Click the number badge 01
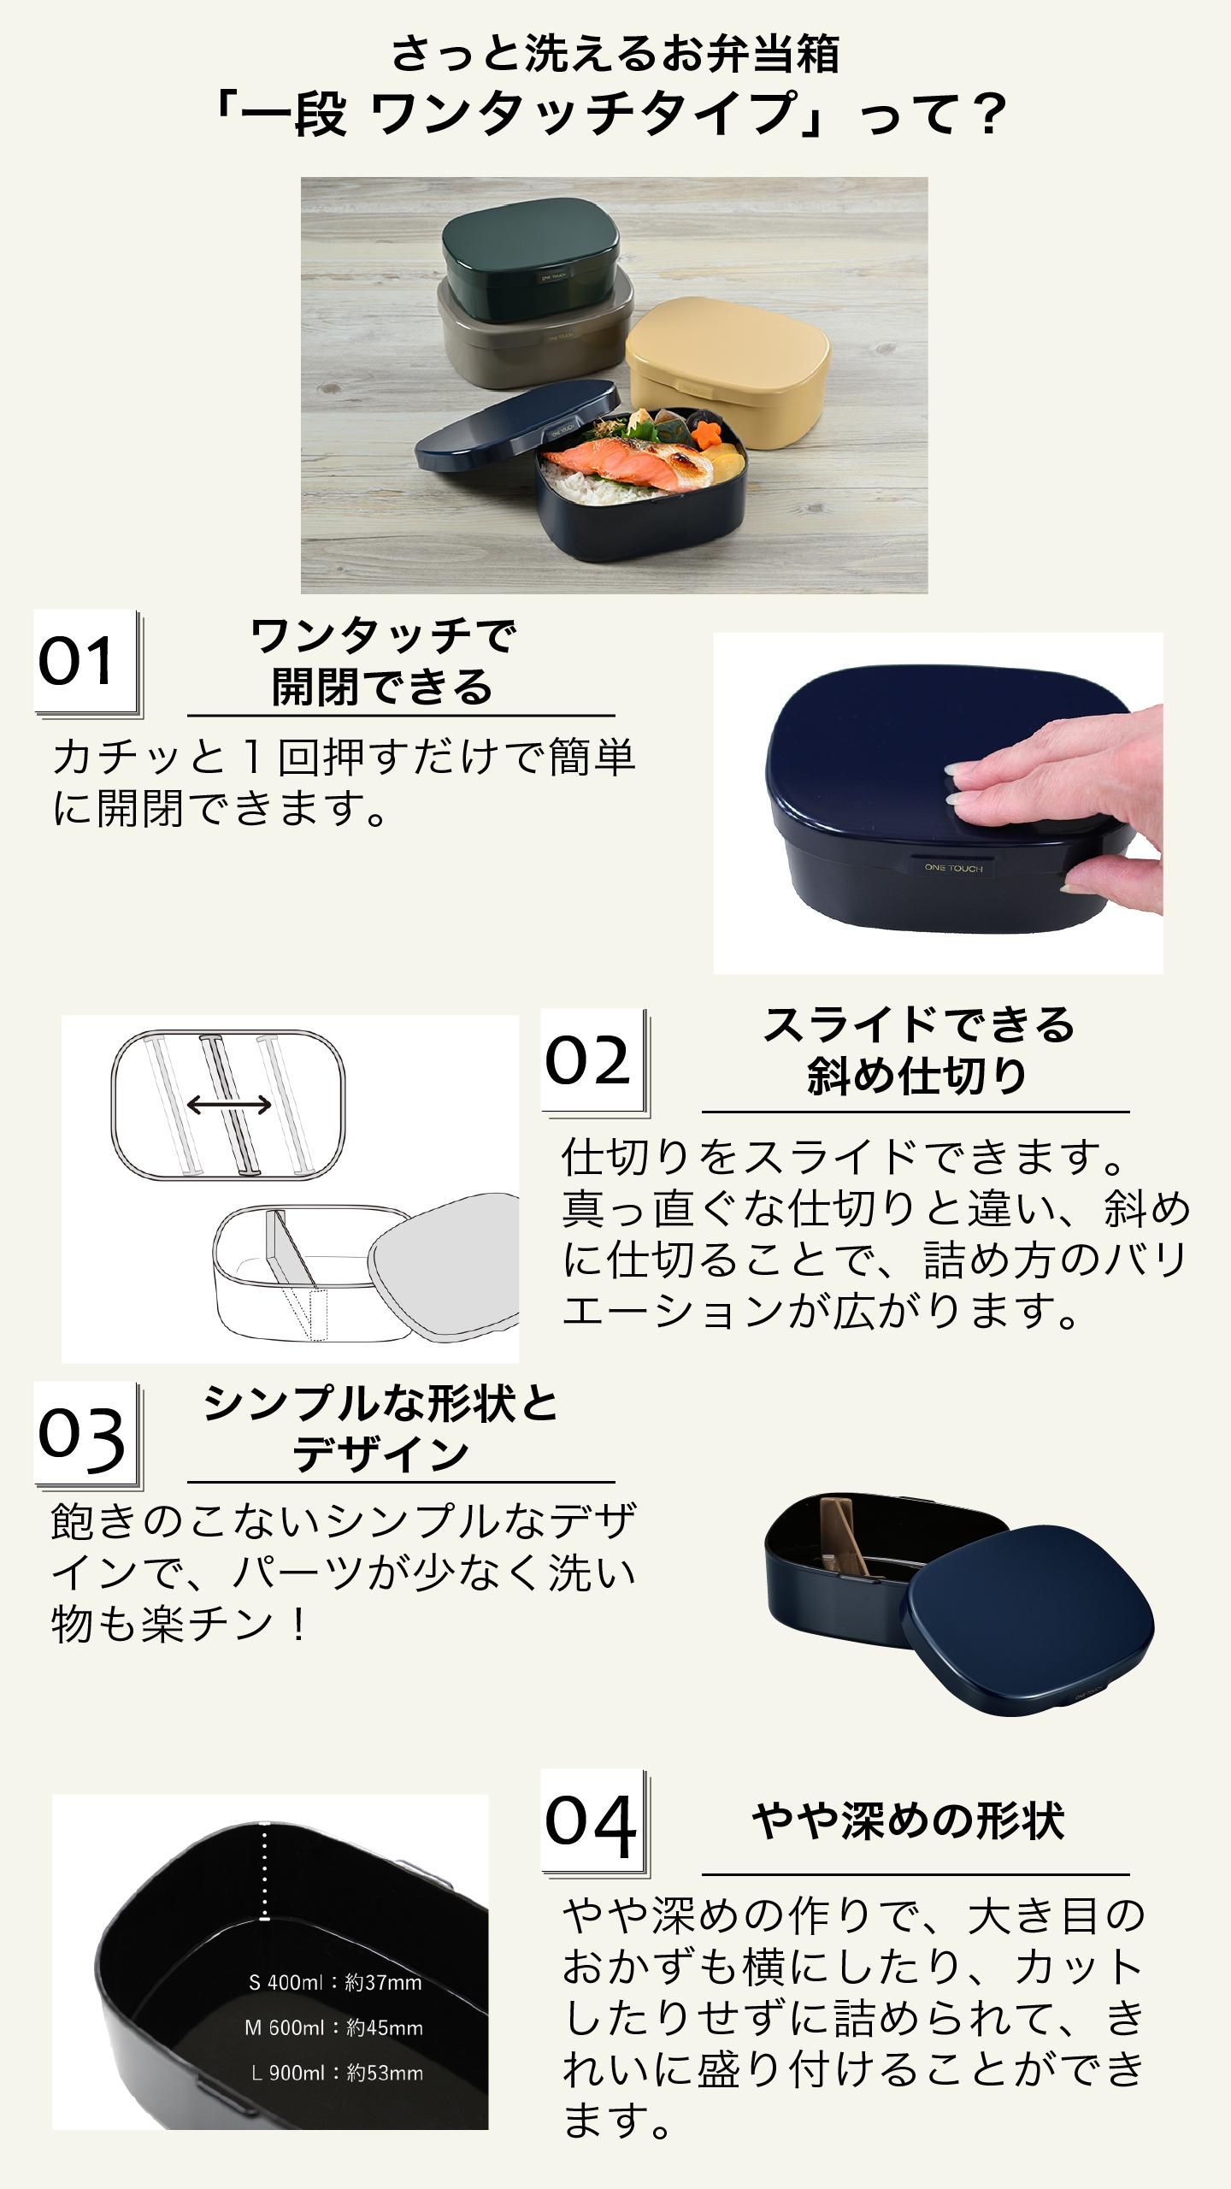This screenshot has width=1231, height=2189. coord(86,664)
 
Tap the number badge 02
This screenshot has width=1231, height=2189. coord(594,1063)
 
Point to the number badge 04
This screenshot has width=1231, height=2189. coord(594,1822)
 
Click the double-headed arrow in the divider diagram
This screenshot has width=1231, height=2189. coord(229,1106)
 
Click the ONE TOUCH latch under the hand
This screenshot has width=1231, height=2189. coord(953,867)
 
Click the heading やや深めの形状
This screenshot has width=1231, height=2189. coord(909,1821)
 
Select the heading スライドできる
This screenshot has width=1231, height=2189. coord(918,1024)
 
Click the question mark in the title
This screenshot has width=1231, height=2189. coord(990,114)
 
